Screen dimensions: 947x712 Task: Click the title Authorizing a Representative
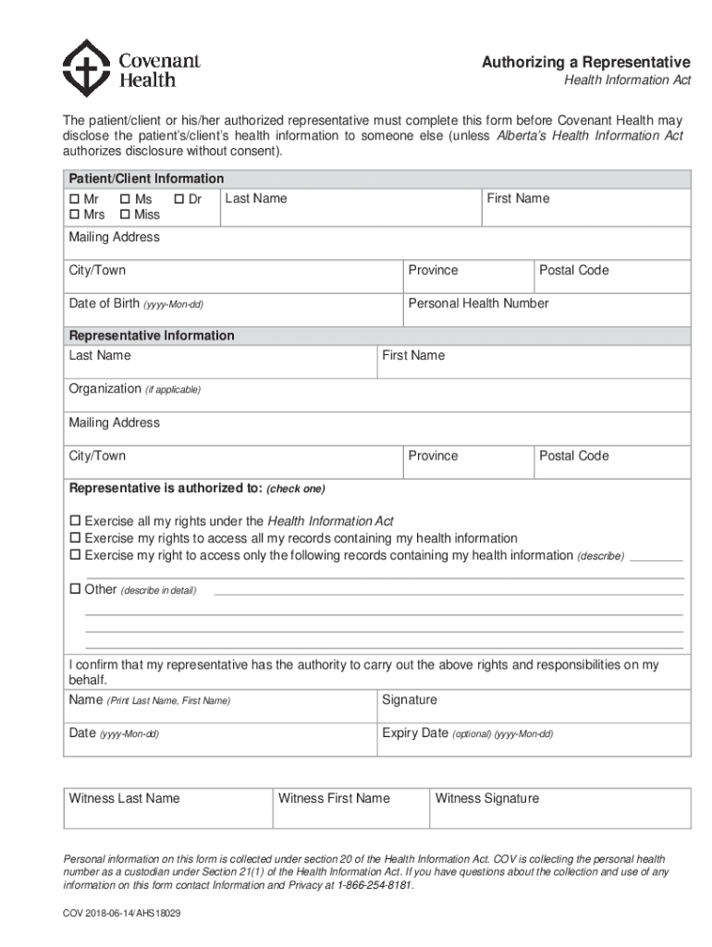[585, 62]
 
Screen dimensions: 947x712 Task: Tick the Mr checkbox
[74, 199]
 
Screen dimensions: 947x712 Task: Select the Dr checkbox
[178, 199]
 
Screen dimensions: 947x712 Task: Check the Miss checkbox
[125, 215]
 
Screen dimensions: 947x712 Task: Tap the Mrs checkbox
[74, 215]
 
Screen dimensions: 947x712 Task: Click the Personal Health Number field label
[478, 303]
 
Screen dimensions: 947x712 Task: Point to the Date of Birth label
[104, 303]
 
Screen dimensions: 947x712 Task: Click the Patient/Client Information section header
[146, 178]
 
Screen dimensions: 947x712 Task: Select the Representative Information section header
[152, 336]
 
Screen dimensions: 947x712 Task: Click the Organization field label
[104, 389]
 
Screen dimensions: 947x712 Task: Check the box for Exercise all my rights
[76, 522]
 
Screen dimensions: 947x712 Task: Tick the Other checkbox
[76, 589]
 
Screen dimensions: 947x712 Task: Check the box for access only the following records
[76, 556]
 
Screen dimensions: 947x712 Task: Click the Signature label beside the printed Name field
[410, 700]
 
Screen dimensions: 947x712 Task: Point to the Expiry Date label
[415, 733]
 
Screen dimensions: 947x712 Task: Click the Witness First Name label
[334, 798]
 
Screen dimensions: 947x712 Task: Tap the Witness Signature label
[486, 798]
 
